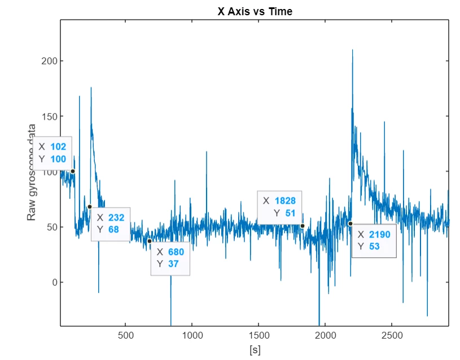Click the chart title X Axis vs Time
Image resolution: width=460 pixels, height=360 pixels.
(255, 11)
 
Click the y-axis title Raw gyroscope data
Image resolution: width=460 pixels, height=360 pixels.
(31, 173)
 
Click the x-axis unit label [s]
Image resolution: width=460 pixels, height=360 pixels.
(255, 350)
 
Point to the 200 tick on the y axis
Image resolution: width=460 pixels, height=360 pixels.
(49, 61)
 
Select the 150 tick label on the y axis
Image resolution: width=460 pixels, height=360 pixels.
(49, 116)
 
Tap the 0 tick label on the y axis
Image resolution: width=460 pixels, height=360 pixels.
(55, 283)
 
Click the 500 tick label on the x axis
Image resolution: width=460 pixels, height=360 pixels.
(125, 335)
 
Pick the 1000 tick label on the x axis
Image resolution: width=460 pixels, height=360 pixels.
(192, 335)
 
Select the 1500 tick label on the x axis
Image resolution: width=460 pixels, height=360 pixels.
(259, 335)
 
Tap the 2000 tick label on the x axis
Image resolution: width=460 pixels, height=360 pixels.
(325, 335)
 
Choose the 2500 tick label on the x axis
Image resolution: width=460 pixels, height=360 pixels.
(392, 335)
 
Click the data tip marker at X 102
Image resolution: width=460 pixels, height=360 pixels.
(73, 172)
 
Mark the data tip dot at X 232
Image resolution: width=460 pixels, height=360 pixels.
(90, 207)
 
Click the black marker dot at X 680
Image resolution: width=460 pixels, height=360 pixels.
(150, 241)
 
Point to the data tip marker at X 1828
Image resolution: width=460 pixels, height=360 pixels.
(303, 226)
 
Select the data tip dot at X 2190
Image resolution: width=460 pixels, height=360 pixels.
(351, 224)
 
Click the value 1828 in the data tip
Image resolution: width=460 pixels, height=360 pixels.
(285, 201)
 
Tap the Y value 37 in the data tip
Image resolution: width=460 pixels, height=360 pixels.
(173, 264)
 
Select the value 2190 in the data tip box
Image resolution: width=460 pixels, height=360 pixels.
(380, 234)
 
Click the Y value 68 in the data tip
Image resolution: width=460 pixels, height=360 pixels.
(113, 230)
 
